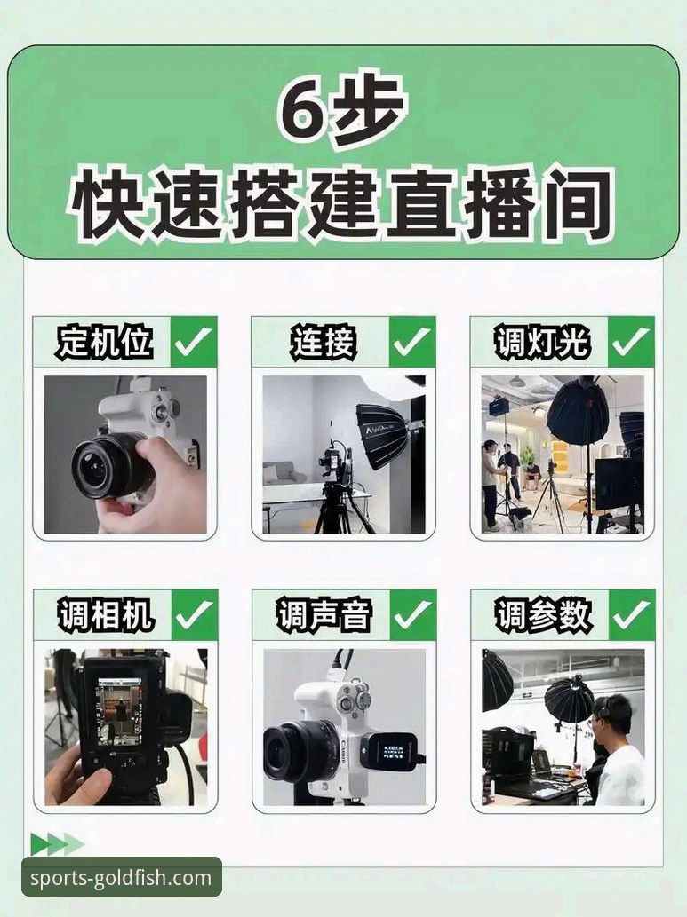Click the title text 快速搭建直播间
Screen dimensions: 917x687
tap(342, 203)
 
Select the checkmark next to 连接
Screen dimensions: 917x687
tap(411, 342)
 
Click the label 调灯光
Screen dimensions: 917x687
tap(542, 342)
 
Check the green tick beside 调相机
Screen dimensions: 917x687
tap(193, 614)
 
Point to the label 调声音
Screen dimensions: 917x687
tap(323, 615)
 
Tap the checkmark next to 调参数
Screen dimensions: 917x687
tap(631, 614)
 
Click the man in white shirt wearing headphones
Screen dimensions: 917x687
tap(619, 755)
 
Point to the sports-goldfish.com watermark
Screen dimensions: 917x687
tap(122, 879)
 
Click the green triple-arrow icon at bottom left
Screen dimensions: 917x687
tap(56, 843)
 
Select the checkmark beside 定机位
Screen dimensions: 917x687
tap(193, 342)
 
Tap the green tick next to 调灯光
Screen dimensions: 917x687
tap(631, 342)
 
